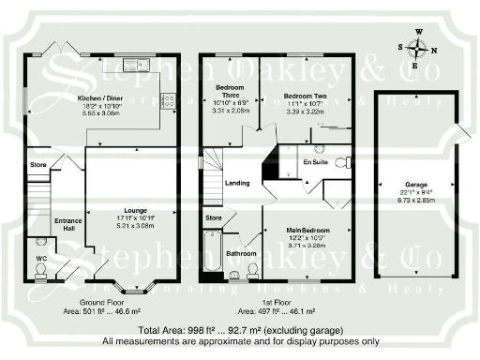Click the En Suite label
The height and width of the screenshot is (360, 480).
[x=314, y=163]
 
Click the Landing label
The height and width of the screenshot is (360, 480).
[x=237, y=183]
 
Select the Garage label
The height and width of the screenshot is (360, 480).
[x=413, y=185]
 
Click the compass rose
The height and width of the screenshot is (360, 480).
[x=418, y=47]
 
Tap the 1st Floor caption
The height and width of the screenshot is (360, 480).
[x=277, y=303]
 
